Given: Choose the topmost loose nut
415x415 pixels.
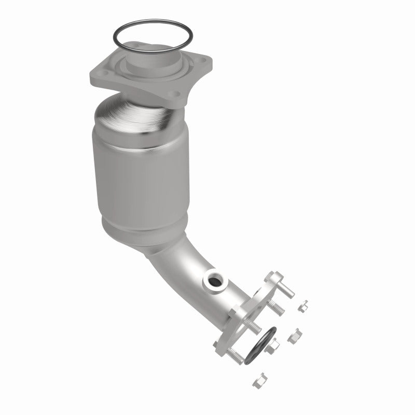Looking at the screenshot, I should [304, 306].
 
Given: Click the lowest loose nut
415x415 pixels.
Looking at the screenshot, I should [259, 381].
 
